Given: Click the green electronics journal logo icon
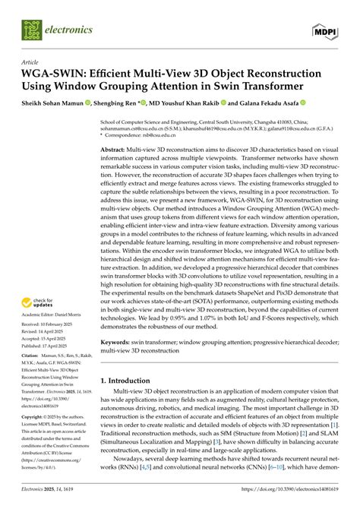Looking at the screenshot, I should pyautogui.click(x=31, y=30).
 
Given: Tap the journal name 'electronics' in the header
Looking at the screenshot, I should pyautogui.click(x=69, y=30).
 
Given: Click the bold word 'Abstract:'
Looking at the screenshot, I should pyautogui.click(x=117, y=150).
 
